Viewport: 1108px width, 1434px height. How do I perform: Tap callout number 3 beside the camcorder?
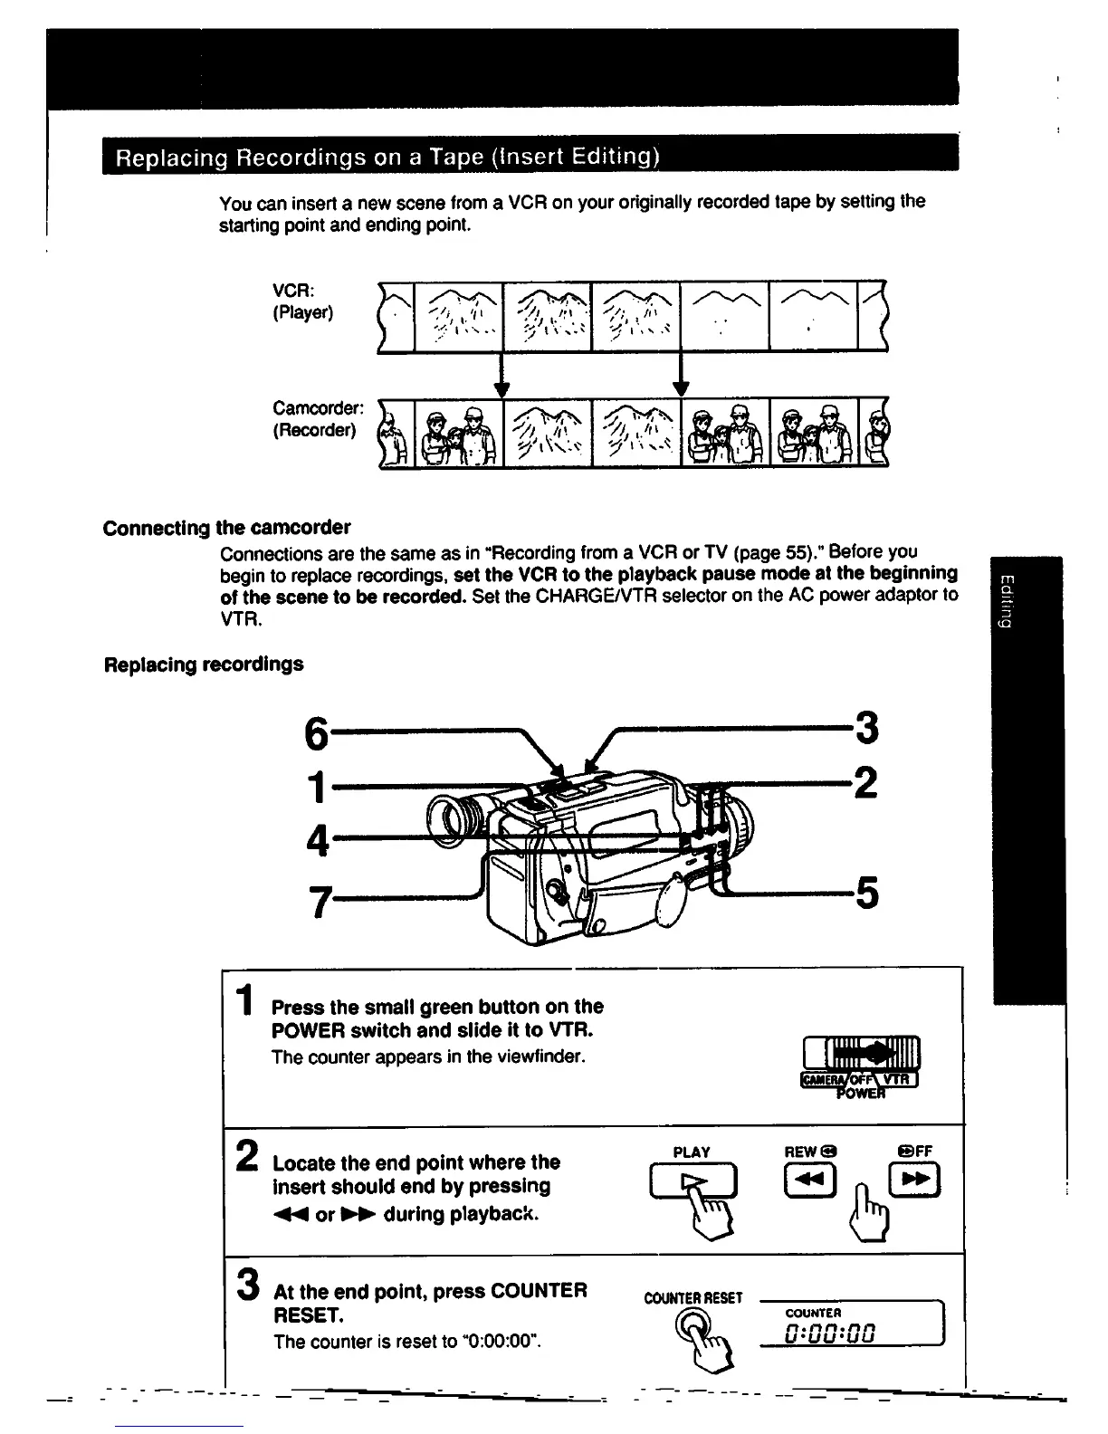865,729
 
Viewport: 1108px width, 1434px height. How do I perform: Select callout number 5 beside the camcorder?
866,894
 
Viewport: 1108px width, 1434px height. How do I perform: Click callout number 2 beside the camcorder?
865,782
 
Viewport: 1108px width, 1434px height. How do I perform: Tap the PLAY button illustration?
693,1181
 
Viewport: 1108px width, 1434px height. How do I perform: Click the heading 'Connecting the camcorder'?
227,528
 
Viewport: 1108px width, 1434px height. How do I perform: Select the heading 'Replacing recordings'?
205,664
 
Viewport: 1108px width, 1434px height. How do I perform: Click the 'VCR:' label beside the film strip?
294,291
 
